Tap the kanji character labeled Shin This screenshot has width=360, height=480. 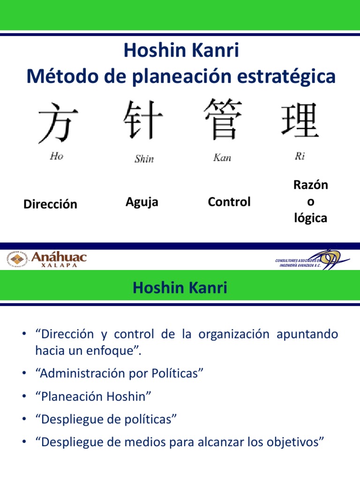[x=143, y=119]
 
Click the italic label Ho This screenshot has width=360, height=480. [x=56, y=156]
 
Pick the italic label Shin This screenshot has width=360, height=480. [x=144, y=159]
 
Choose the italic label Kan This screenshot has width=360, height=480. [x=222, y=157]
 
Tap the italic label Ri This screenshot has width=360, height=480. [x=300, y=156]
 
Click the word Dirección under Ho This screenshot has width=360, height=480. [x=50, y=204]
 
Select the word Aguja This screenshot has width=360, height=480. [x=142, y=202]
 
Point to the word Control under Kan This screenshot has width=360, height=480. [x=229, y=202]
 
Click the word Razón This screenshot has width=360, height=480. [x=310, y=185]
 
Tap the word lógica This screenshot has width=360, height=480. [x=310, y=218]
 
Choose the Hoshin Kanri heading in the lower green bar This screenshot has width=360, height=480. [x=180, y=287]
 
